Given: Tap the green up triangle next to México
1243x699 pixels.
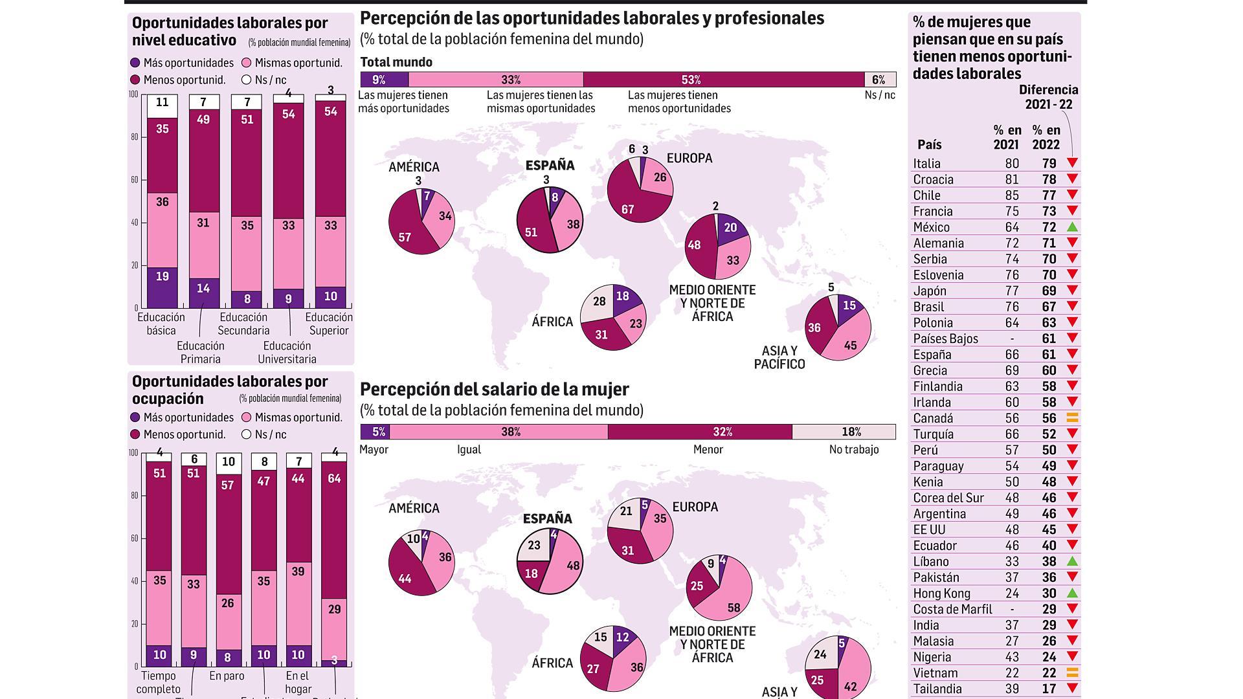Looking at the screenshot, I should [1072, 227].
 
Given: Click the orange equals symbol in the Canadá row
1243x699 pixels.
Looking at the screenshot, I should [1072, 418].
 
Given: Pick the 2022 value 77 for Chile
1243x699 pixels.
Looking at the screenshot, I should [1049, 195].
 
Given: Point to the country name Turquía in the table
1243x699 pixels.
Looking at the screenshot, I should [933, 434].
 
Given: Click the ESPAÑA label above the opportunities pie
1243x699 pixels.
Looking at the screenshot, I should [550, 166].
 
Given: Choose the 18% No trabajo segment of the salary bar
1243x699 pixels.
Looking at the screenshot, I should [844, 432].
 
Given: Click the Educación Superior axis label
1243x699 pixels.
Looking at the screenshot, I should [329, 324].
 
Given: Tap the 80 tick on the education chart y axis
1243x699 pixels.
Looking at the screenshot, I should [135, 137].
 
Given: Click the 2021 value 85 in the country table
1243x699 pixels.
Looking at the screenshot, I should [1011, 195].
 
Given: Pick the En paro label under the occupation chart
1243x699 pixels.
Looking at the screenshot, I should [227, 676].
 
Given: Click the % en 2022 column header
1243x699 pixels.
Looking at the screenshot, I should [1046, 137].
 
